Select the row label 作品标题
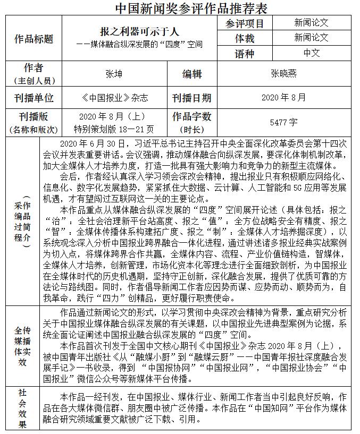point(34,38)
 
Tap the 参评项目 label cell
point(245,23)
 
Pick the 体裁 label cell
point(245,38)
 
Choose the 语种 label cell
point(245,54)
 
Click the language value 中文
point(312,53)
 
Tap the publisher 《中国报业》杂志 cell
point(114,98)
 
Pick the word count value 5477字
point(283,122)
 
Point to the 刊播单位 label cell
point(34,98)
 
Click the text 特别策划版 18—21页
point(114,129)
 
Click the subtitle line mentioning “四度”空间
point(139,44)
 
